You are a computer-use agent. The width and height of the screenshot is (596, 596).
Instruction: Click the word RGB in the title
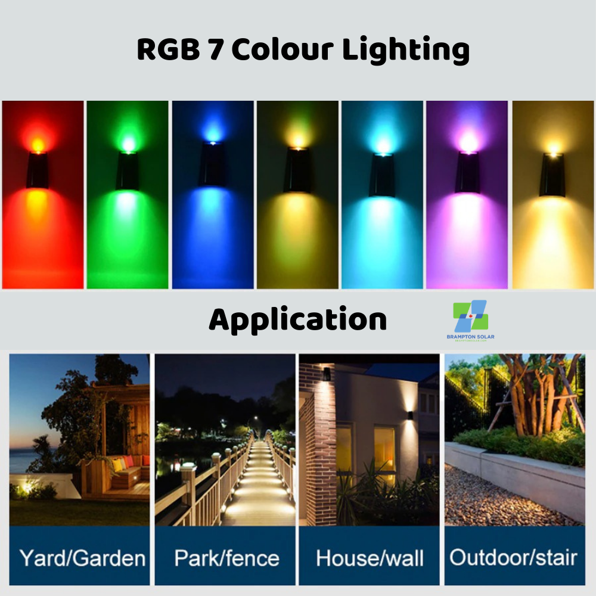pyautogui.click(x=167, y=50)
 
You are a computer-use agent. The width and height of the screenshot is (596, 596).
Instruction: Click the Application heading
pyautogui.click(x=297, y=321)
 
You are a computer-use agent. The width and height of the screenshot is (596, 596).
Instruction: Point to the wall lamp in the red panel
pyautogui.click(x=37, y=170)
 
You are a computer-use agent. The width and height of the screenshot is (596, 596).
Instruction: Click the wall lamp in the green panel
pyautogui.click(x=127, y=170)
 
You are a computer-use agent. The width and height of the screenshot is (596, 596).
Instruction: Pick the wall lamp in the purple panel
pyautogui.click(x=467, y=172)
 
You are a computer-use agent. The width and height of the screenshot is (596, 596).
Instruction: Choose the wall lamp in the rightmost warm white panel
pyautogui.click(x=552, y=175)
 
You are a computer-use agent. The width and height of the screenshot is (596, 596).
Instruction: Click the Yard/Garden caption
pyautogui.click(x=82, y=558)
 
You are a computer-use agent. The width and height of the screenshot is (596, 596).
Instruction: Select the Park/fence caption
pyautogui.click(x=226, y=558)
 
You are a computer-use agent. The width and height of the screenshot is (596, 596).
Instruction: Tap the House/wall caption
pyautogui.click(x=370, y=558)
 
